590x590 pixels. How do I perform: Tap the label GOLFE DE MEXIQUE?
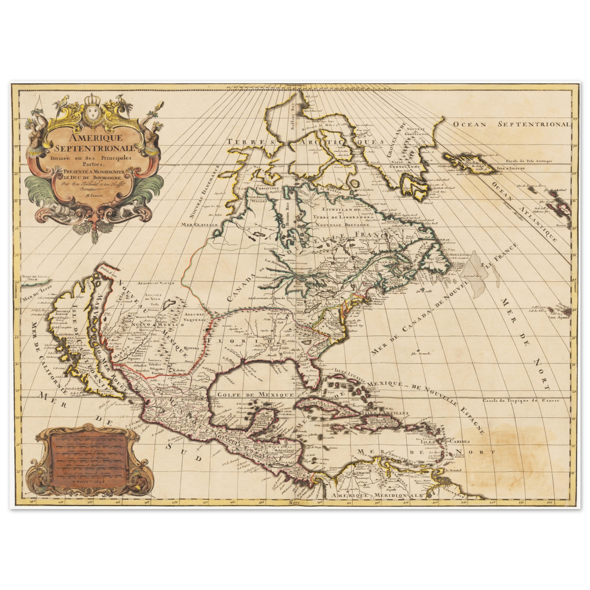point(256,395)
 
